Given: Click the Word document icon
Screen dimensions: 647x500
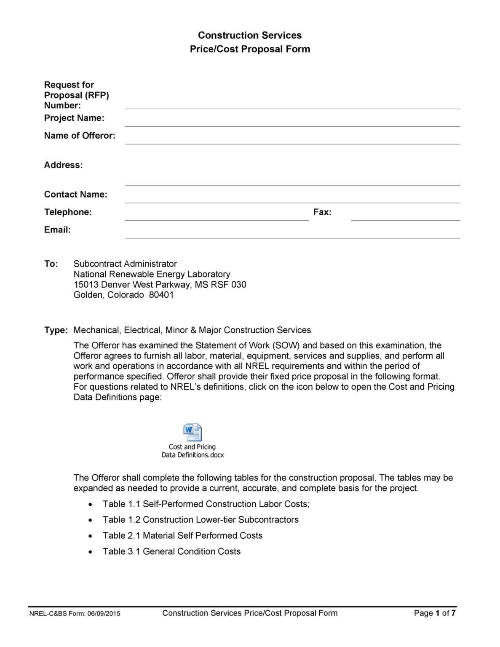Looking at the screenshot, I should click(193, 432).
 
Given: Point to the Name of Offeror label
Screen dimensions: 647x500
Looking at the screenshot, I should click(80, 136).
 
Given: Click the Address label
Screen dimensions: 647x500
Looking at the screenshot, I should click(64, 165).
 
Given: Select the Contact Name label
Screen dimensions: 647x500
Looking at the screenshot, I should click(76, 194).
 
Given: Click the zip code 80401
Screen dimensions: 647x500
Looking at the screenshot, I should click(161, 295).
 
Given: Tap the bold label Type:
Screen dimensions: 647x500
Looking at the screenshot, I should click(56, 330).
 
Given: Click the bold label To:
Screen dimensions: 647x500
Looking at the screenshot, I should click(51, 264).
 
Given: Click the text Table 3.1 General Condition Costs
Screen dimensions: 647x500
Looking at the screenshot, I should click(171, 551).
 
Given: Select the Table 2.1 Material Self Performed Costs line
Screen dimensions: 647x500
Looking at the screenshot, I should click(182, 536).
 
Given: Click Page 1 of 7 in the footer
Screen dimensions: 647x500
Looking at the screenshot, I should click(434, 613).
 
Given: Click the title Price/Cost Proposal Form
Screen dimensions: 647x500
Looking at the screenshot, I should click(250, 49).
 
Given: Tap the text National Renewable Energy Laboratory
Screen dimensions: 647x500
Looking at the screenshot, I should click(152, 274).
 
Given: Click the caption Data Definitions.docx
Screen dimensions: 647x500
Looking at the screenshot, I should click(193, 455).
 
